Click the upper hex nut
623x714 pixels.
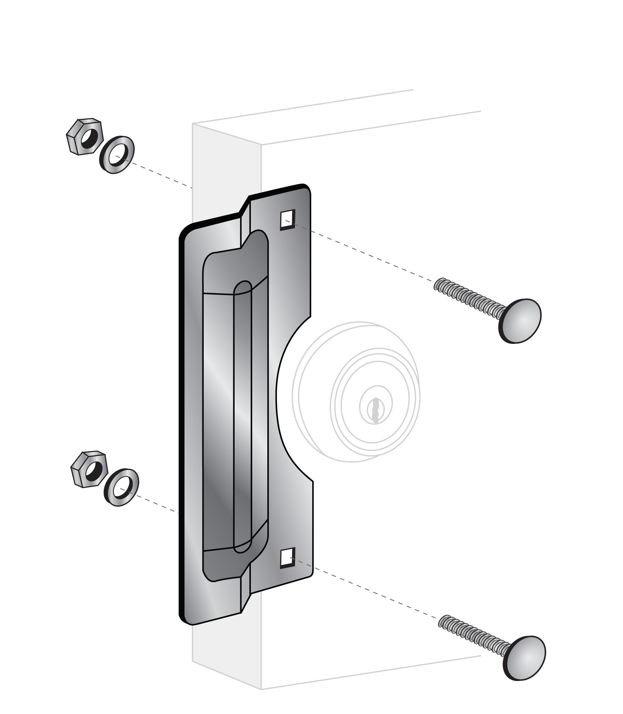pyautogui.click(x=85, y=137)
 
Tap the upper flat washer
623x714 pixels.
pyautogui.click(x=116, y=155)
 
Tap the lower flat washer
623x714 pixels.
pyautogui.click(x=121, y=487)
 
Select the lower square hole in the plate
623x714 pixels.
pyautogui.click(x=287, y=558)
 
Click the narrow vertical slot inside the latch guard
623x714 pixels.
pyautogui.click(x=243, y=416)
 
